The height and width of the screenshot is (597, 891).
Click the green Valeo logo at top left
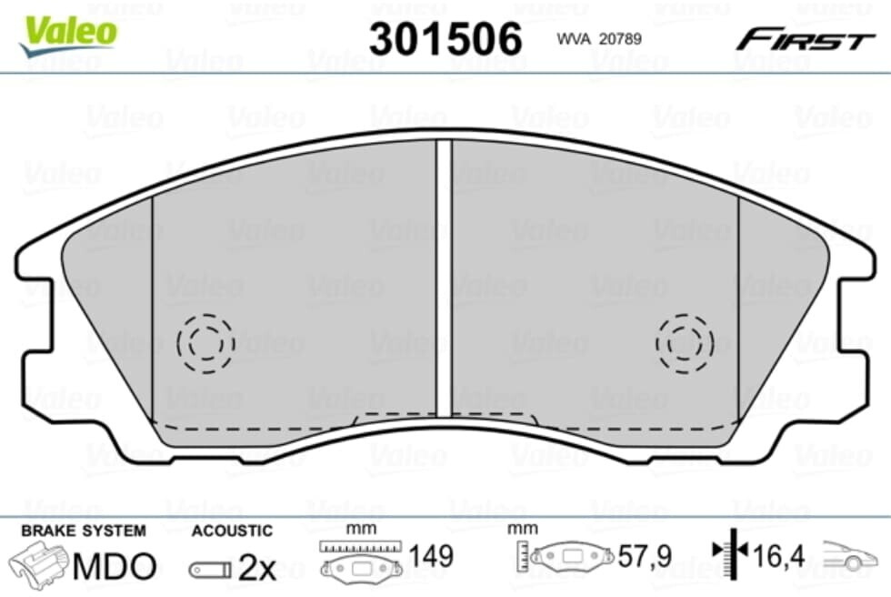[68, 35]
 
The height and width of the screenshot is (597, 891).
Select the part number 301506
[445, 38]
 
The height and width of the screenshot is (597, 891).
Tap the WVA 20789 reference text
[599, 38]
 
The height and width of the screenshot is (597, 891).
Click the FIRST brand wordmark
[805, 40]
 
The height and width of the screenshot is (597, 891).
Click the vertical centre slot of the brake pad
[444, 278]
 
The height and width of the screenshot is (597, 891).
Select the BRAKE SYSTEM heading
[84, 531]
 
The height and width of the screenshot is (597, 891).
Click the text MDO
[115, 566]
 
